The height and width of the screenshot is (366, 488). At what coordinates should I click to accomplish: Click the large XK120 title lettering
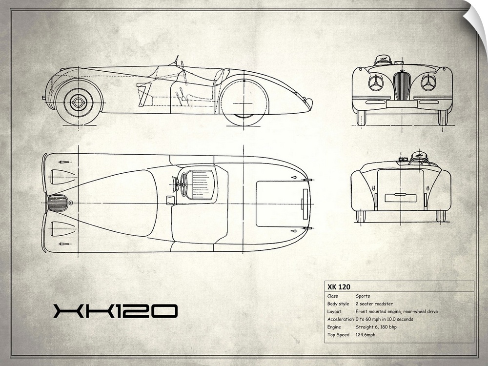(x=115, y=311)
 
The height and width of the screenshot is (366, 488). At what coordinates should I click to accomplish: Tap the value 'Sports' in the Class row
(x=363, y=296)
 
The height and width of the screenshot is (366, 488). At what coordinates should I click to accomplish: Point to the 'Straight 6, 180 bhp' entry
(x=376, y=327)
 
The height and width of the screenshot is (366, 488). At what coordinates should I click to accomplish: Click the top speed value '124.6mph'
(x=366, y=335)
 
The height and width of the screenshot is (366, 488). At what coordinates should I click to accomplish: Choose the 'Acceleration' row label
(x=340, y=319)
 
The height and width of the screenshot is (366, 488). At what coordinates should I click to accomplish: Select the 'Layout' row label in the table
(x=334, y=311)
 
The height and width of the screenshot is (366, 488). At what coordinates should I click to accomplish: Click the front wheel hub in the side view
(x=78, y=102)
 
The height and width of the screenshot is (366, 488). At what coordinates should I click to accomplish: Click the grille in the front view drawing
(x=402, y=86)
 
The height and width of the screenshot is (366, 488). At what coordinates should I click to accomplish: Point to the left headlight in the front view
(x=376, y=82)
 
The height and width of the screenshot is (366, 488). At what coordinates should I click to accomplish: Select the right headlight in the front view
(x=428, y=82)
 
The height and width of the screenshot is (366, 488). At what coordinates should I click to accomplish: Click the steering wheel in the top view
(x=183, y=184)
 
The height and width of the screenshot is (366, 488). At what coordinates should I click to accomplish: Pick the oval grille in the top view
(x=58, y=203)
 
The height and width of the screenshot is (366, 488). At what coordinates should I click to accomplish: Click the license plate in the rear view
(x=400, y=198)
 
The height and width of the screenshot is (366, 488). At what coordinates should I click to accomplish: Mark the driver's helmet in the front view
(x=383, y=60)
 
